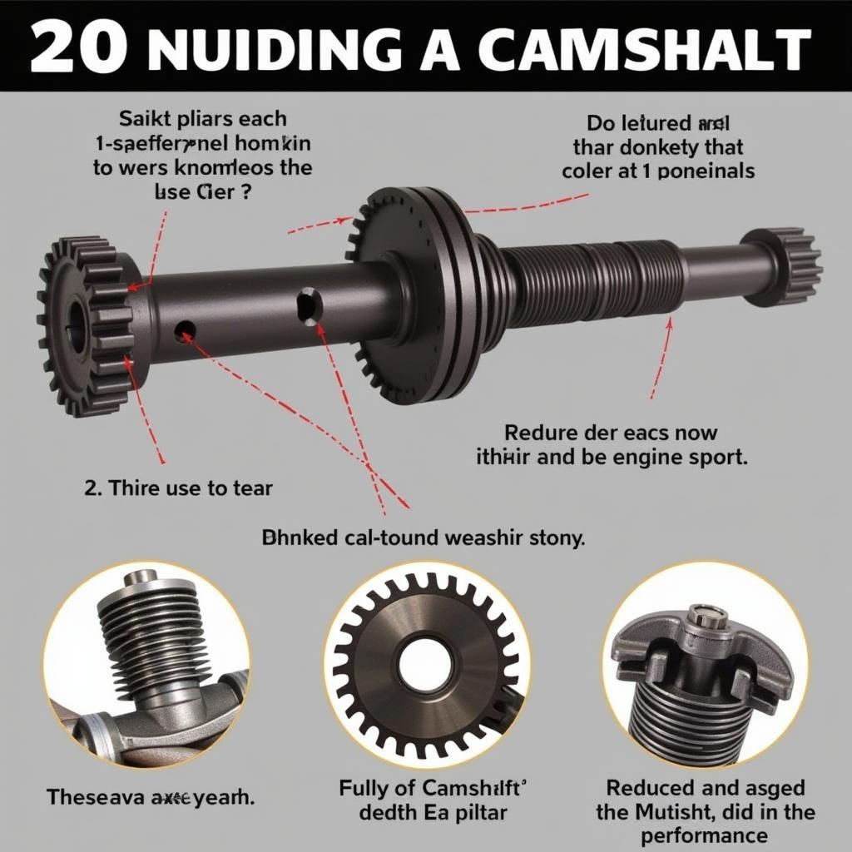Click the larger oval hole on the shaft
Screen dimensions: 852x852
(x=310, y=305)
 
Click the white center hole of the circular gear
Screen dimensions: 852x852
(x=425, y=665)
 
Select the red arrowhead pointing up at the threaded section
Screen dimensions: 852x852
(x=669, y=325)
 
